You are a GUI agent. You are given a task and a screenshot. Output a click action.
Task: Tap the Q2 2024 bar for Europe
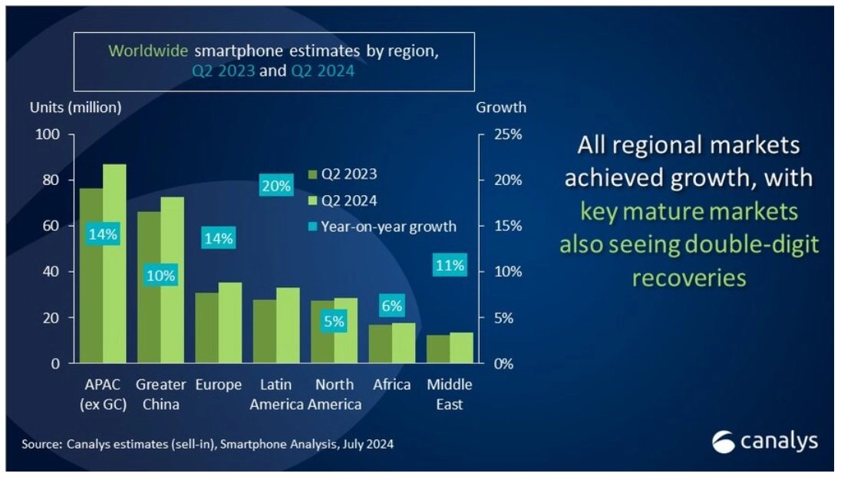[230, 323]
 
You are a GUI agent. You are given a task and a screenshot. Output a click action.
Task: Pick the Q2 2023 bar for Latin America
[265, 331]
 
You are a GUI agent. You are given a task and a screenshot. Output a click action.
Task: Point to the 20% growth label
[275, 186]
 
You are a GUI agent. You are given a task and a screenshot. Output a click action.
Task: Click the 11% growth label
[449, 266]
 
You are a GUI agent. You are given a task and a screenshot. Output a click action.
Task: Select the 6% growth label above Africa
[391, 306]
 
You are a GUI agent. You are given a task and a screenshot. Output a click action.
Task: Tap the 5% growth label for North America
[334, 322]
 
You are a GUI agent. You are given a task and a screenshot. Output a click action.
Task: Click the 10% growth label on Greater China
[160, 275]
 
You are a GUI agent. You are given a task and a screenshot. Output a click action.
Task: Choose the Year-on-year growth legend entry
[381, 227]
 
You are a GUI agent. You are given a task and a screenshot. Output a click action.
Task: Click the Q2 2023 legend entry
[342, 174]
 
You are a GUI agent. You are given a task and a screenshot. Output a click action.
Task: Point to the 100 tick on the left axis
[48, 134]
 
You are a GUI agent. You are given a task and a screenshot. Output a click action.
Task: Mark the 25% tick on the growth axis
[506, 134]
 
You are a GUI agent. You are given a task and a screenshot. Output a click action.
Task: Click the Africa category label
[392, 385]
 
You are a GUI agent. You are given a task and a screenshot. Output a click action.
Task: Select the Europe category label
[219, 385]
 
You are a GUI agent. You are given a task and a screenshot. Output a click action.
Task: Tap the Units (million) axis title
[75, 108]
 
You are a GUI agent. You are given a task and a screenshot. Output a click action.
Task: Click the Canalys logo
[764, 442]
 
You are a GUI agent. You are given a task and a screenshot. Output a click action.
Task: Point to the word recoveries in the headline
[689, 277]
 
